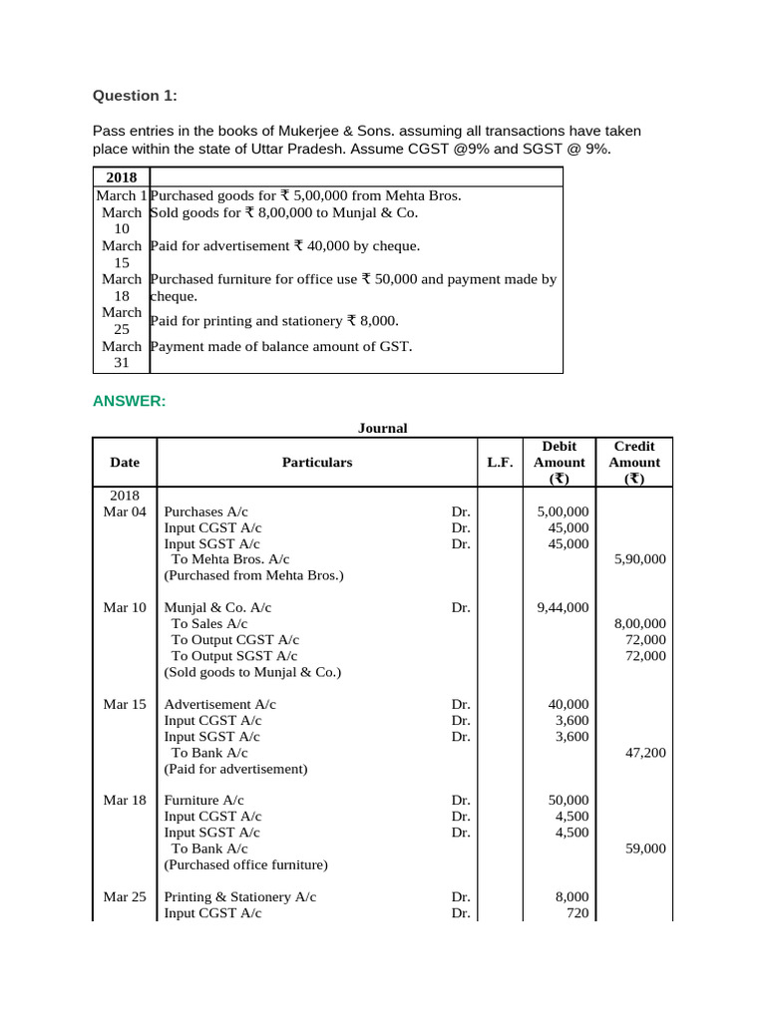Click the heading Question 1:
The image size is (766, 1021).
[x=135, y=96]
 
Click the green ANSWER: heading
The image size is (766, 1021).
[x=129, y=401]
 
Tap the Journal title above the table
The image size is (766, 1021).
[x=383, y=428]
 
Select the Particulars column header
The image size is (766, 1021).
[x=317, y=463]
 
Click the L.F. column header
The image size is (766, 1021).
[x=500, y=463]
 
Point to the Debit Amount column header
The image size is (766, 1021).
[x=560, y=463]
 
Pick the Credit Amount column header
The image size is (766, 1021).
[x=634, y=463]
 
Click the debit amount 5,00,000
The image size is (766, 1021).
[x=563, y=511]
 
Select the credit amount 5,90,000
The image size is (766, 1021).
[x=639, y=559]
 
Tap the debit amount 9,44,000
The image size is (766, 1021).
[x=563, y=607]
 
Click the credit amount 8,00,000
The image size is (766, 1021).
[x=639, y=623]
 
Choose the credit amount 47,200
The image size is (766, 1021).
[x=645, y=753]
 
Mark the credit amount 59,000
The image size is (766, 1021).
[x=645, y=849]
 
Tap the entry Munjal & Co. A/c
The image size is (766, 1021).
[x=217, y=607]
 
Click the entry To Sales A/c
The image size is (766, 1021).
[x=214, y=623]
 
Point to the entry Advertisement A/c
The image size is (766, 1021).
[x=220, y=704]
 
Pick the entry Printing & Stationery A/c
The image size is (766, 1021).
[x=240, y=896]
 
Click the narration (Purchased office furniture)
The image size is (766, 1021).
[x=245, y=864]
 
